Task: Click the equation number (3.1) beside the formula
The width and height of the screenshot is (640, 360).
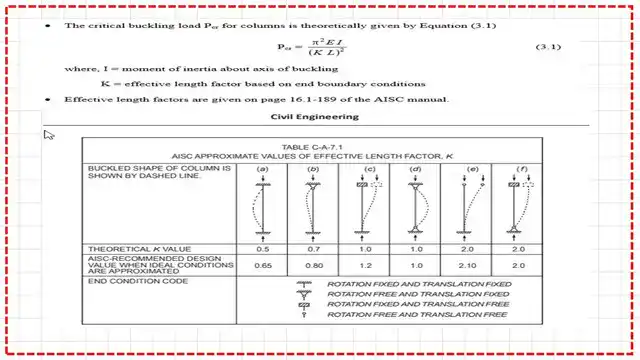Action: [x=547, y=47]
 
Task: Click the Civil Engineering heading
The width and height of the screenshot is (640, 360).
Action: [x=319, y=117]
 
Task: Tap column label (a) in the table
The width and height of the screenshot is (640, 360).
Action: [x=263, y=169]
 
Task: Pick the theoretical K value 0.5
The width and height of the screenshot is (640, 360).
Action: [x=263, y=247]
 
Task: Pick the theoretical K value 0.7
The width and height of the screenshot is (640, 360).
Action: [x=314, y=247]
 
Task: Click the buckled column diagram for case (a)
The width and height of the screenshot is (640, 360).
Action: [x=263, y=206]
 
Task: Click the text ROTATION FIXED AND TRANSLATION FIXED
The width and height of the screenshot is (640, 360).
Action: [x=418, y=285]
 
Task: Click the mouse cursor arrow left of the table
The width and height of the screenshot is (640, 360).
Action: [x=49, y=135]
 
